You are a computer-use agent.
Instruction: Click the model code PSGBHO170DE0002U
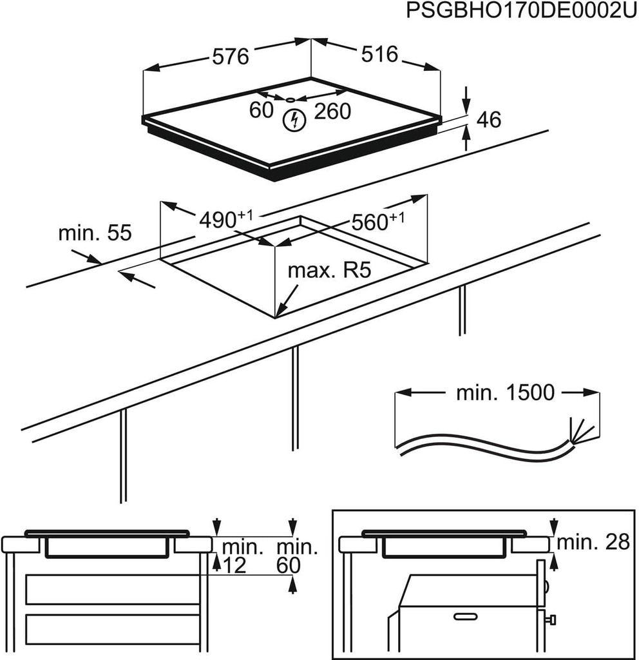[x=520, y=12]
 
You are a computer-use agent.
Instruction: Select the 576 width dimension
[x=230, y=57]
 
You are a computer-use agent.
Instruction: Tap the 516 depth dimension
[x=379, y=54]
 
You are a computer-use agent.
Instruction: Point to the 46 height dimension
[x=488, y=120]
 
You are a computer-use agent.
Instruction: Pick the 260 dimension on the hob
[x=332, y=112]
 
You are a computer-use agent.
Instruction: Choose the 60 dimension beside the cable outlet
[x=262, y=111]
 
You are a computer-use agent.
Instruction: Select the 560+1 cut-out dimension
[x=377, y=222]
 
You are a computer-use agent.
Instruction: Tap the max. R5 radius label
[x=330, y=270]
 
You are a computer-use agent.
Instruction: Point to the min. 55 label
[x=95, y=233]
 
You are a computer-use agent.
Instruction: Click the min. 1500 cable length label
[x=505, y=393]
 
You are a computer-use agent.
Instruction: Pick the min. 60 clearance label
[x=298, y=557]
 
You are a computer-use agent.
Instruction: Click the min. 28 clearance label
[x=593, y=542]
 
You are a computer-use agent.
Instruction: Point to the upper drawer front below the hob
[x=112, y=589]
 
